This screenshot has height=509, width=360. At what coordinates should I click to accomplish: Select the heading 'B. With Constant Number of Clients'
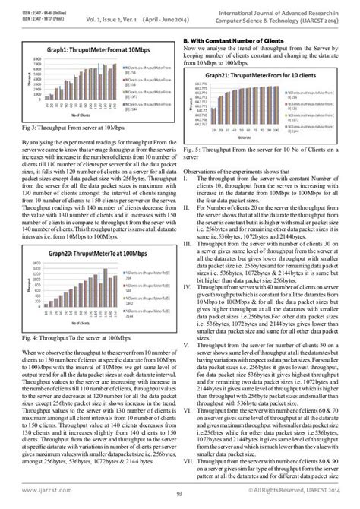coord(232,40)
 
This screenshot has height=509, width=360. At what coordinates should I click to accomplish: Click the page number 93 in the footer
coord(180,498)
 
